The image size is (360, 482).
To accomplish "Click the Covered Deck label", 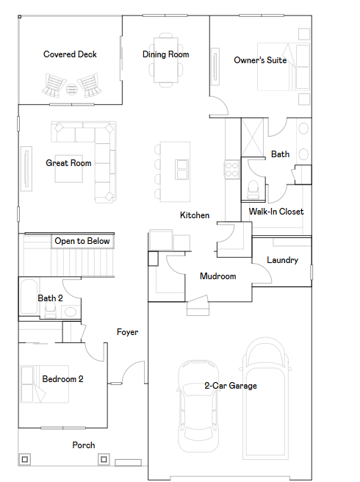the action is point(70,54).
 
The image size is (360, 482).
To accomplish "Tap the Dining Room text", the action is point(166,54).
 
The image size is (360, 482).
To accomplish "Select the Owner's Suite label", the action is point(260,60).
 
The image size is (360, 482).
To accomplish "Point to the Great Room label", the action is point(68,163).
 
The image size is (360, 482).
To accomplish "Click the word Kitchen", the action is point(195,215).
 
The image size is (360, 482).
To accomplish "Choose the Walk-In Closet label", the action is point(276,212).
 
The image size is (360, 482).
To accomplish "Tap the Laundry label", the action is point(283,260).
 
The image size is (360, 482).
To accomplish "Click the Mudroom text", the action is point(218,276).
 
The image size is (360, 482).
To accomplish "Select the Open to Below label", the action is point(82,241).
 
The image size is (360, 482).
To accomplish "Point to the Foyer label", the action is point(128,332).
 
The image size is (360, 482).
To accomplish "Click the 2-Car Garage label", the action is point(231,386).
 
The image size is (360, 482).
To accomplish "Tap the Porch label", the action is point(84,445).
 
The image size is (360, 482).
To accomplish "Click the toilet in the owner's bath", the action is point(253,190).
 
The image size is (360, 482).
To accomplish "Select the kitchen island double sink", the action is point(181,170).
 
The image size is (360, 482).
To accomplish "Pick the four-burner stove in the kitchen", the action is point(232,170).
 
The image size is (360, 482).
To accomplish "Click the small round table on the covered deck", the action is point(71,89).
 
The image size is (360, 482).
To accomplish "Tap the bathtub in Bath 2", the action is point(29,296).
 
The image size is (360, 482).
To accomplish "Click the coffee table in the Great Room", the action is point(69,169).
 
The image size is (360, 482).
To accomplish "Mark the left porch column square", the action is point(25,459).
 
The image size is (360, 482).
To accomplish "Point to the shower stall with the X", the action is point(253,137).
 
